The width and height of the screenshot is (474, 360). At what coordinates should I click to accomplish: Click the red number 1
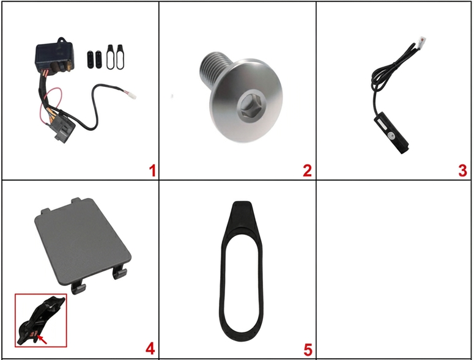[x=152, y=171]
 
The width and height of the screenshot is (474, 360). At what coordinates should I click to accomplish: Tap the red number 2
[x=307, y=171]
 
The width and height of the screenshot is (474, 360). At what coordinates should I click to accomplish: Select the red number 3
[x=462, y=171]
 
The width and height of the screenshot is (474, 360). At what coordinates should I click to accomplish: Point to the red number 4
[x=150, y=349]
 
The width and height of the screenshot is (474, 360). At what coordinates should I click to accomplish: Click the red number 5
[x=308, y=350]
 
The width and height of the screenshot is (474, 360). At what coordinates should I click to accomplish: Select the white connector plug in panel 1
[x=131, y=95]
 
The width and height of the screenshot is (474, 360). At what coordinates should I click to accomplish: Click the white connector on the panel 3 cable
[x=421, y=42]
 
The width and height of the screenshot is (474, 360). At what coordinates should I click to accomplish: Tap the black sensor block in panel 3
[x=391, y=132]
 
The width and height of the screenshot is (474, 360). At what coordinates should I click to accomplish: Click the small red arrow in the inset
[x=42, y=339]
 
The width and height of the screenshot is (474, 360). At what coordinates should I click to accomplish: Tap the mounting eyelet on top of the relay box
[x=62, y=40]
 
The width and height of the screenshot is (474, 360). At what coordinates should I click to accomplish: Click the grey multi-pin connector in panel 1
[x=64, y=129]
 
